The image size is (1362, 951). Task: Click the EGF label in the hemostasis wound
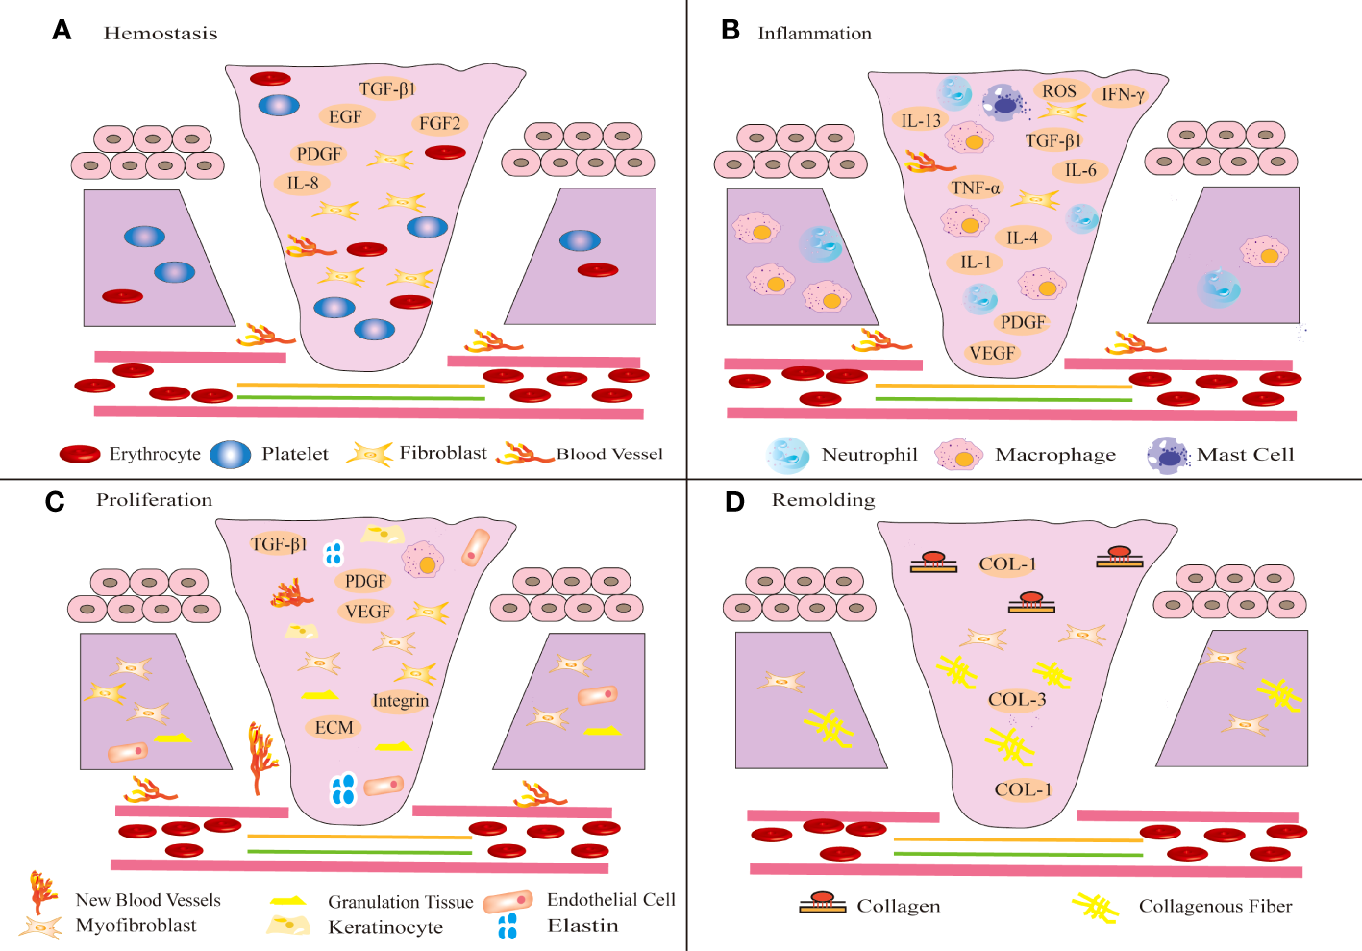[x=345, y=116]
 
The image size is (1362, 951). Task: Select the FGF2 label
[x=439, y=123]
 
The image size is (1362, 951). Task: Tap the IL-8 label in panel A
[x=303, y=183]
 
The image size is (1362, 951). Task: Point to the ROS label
[x=1058, y=91]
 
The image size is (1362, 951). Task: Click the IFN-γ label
[x=1122, y=94]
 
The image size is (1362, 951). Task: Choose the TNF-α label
[x=975, y=188]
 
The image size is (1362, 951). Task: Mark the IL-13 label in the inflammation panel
[x=920, y=120]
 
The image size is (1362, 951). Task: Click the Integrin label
[x=400, y=700]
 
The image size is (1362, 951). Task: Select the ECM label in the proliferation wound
[x=334, y=728]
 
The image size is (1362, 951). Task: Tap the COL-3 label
[x=1016, y=699]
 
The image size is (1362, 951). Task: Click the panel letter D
[x=734, y=502]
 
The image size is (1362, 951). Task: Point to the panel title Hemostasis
[x=161, y=33]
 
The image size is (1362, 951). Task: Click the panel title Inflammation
[x=814, y=33]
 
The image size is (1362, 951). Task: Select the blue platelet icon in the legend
[x=230, y=454]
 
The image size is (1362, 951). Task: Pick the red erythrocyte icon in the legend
[x=80, y=454]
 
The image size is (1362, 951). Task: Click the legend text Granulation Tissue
[x=400, y=902]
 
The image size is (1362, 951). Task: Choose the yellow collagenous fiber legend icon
[x=1096, y=907]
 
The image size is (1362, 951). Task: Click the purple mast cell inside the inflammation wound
[x=1003, y=103]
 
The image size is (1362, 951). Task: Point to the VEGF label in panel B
[x=991, y=353]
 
